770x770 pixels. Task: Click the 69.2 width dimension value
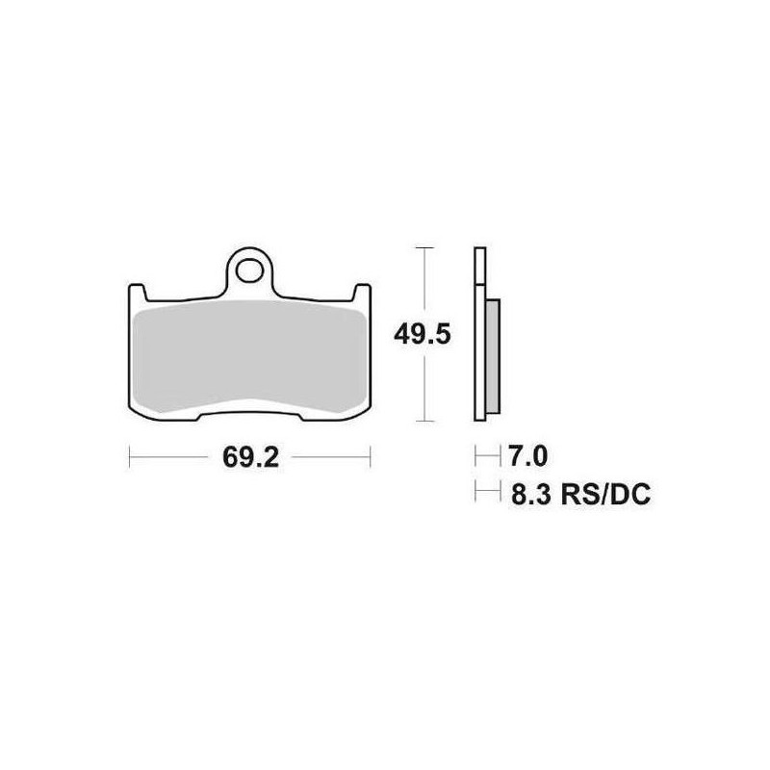click(x=250, y=458)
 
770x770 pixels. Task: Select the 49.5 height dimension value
click(x=423, y=335)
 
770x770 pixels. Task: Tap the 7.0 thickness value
click(x=527, y=456)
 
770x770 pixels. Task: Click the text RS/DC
click(x=605, y=495)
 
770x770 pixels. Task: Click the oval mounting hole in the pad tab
click(x=249, y=270)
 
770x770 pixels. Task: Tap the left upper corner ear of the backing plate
click(x=137, y=293)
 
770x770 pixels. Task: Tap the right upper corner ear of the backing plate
click(x=362, y=293)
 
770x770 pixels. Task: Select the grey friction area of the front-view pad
click(x=249, y=356)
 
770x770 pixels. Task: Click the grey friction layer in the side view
click(x=493, y=356)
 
